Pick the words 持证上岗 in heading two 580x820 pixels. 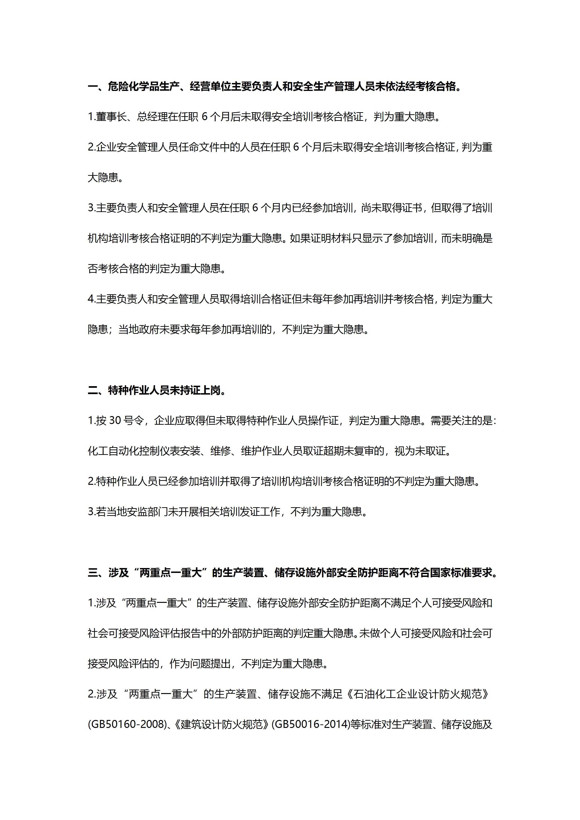tap(200, 390)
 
